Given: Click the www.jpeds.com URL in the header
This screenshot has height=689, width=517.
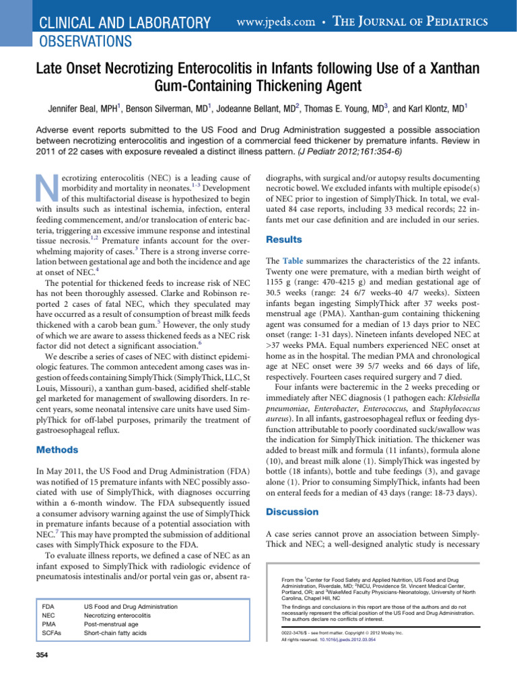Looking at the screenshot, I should tap(277, 22).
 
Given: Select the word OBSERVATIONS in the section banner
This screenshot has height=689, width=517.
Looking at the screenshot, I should tap(82, 42).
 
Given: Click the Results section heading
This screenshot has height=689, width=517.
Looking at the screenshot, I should tap(285, 239).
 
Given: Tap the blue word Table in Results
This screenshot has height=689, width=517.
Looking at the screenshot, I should tap(294, 260).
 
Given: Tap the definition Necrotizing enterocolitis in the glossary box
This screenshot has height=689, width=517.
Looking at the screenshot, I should tap(119, 616).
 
